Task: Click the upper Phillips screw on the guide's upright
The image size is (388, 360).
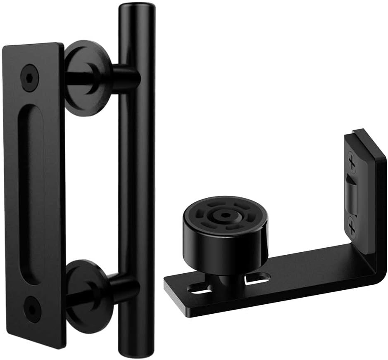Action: click(352, 163)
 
